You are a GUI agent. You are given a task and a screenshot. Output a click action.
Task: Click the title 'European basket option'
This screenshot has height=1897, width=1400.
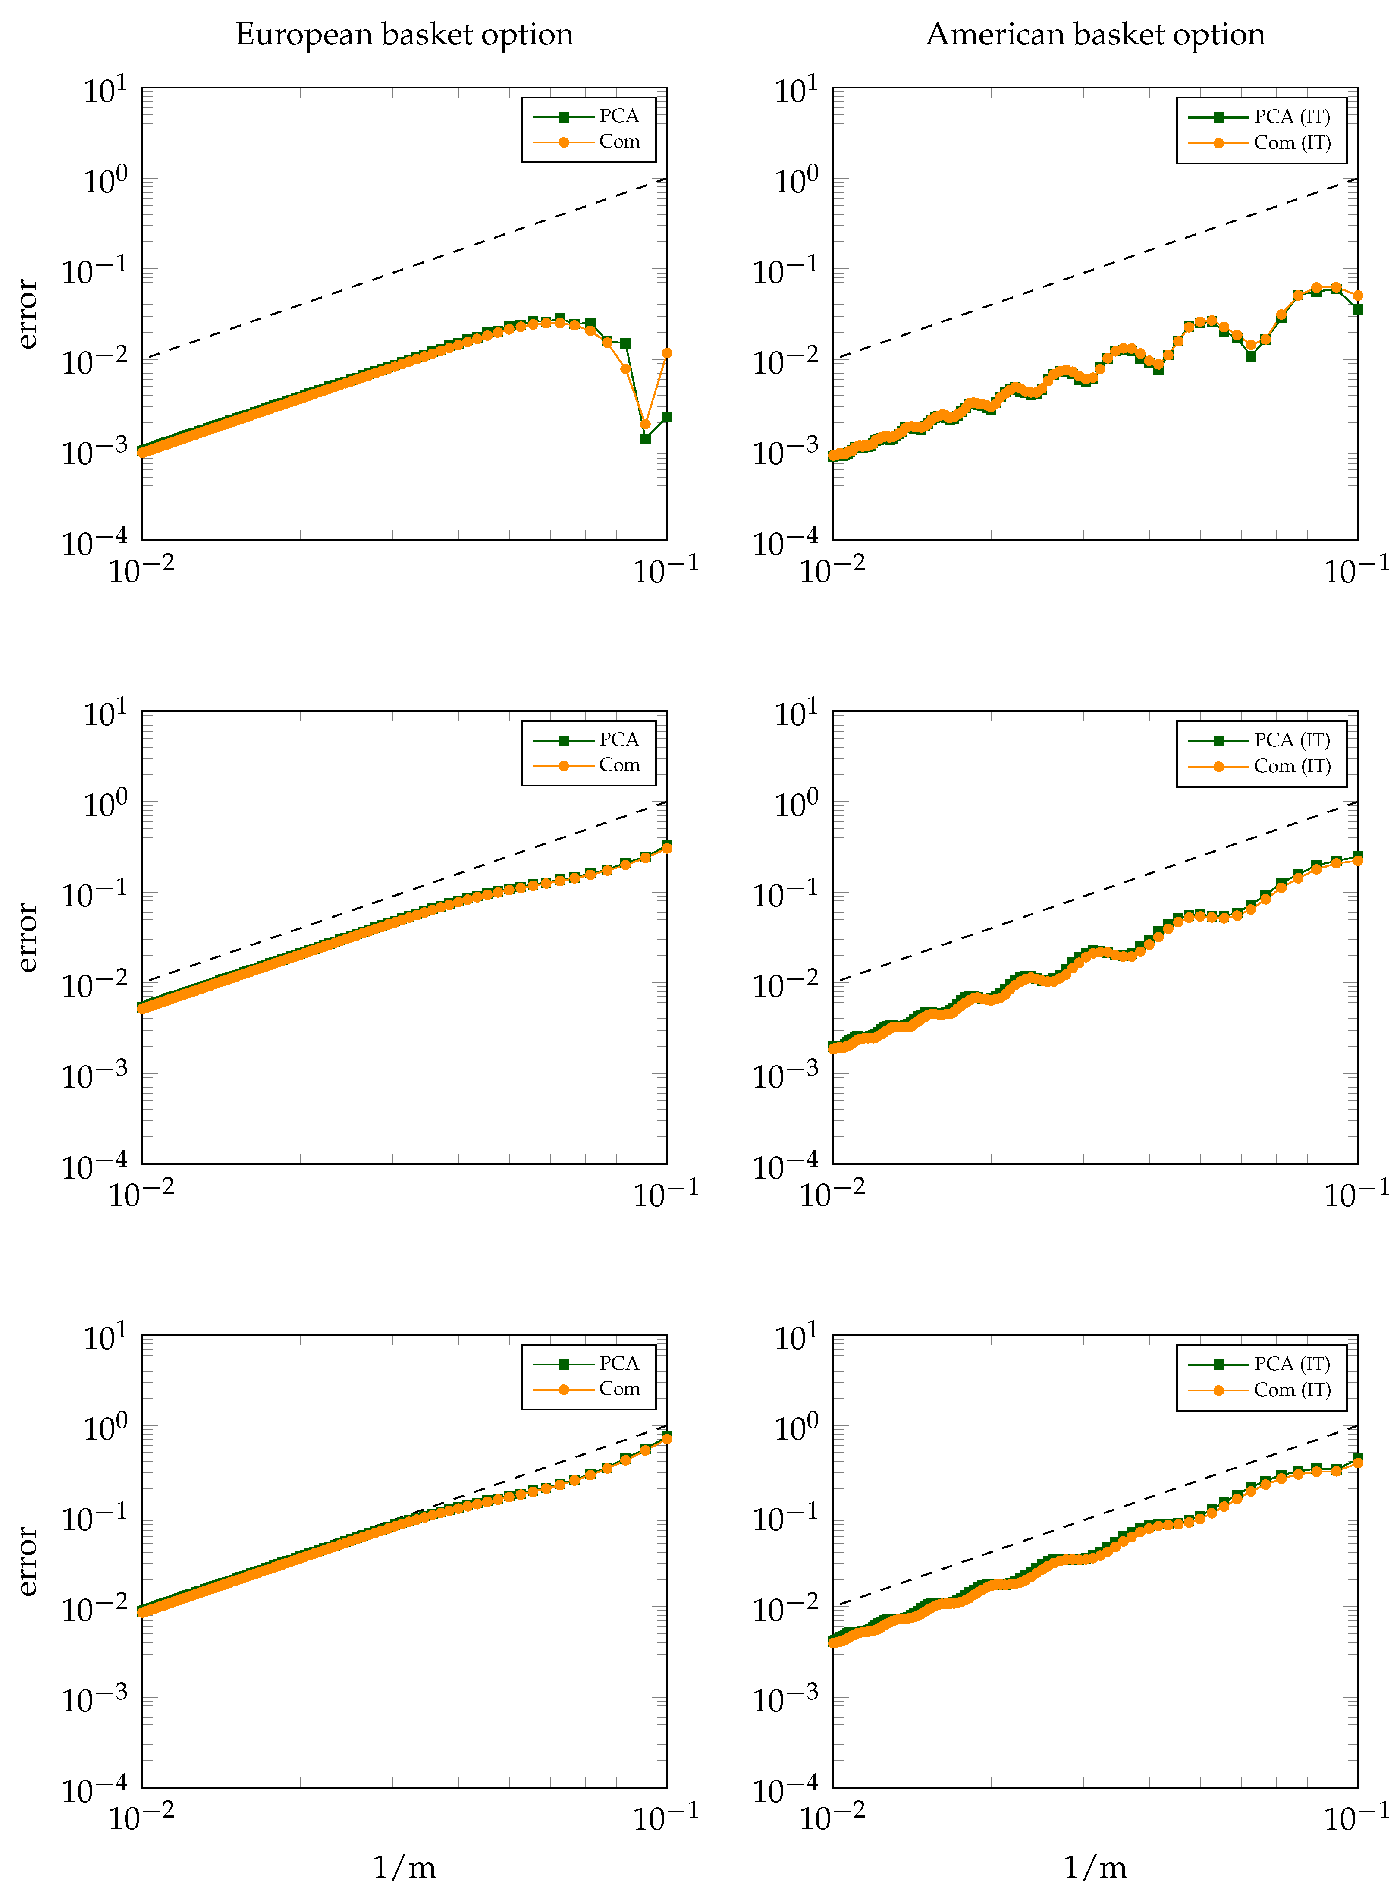click(404, 35)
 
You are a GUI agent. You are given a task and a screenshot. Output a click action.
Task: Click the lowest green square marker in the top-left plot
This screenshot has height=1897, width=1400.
click(645, 438)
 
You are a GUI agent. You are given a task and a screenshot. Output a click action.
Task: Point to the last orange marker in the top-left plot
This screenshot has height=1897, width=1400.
click(667, 352)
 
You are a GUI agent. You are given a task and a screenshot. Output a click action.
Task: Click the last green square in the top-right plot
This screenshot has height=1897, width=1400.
click(1358, 309)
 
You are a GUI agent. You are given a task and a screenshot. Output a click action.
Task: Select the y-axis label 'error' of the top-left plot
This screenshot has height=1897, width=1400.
click(28, 314)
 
